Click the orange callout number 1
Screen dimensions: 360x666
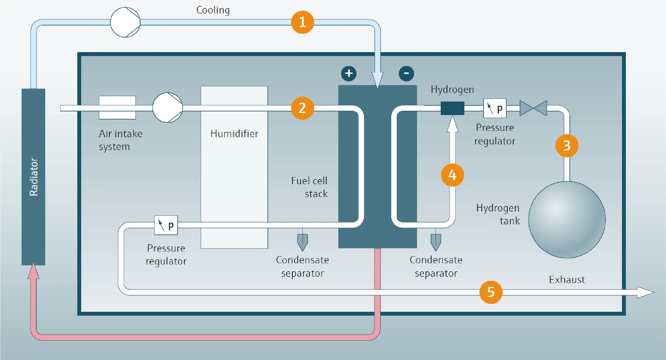click(302, 22)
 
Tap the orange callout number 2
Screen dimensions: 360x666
click(302, 108)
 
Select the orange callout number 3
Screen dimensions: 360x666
click(567, 146)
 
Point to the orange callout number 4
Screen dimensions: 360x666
click(452, 175)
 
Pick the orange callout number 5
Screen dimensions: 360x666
click(491, 292)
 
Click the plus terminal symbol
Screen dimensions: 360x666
click(349, 73)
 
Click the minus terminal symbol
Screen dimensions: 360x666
click(406, 73)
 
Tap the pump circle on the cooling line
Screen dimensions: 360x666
click(125, 22)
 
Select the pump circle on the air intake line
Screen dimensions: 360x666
click(167, 108)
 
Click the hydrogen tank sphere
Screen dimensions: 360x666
click(567, 220)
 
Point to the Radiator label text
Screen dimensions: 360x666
click(34, 177)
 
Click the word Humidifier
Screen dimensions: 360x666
click(234, 134)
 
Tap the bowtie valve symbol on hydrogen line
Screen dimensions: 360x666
click(533, 108)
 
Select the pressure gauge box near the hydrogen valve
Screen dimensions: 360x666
click(495, 108)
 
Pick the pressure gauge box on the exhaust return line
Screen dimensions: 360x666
click(166, 225)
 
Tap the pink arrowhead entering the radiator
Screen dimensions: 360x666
click(34, 271)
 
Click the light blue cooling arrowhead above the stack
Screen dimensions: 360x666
click(377, 79)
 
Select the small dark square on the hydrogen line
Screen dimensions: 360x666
click(452, 108)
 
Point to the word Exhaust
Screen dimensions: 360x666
click(567, 280)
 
